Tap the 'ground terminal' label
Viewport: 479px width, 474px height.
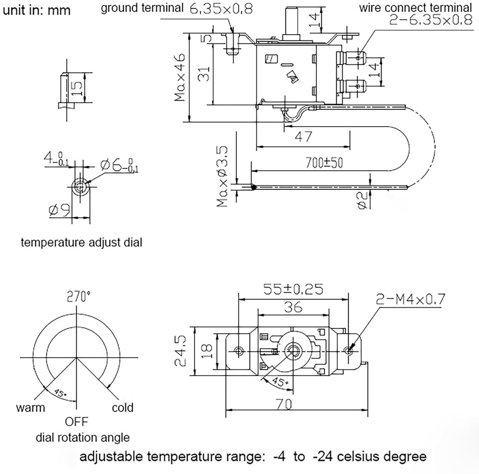pyautogui.click(x=142, y=8)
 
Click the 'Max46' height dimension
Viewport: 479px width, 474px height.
pyautogui.click(x=180, y=78)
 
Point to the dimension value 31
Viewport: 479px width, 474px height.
pyautogui.click(x=204, y=74)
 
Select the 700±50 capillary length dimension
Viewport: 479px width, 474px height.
pyautogui.click(x=324, y=162)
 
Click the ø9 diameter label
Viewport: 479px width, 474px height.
pyautogui.click(x=58, y=210)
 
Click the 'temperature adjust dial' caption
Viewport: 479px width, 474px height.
pyautogui.click(x=81, y=243)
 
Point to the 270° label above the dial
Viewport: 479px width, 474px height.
pyautogui.click(x=79, y=297)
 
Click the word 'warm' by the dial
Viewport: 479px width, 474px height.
pyautogui.click(x=31, y=408)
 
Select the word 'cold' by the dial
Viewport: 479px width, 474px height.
pyautogui.click(x=123, y=408)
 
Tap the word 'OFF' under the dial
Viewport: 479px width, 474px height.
pyautogui.click(x=77, y=422)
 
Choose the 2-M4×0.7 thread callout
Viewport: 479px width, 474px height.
pyautogui.click(x=411, y=300)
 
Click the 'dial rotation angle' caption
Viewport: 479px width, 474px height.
pyautogui.click(x=82, y=437)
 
